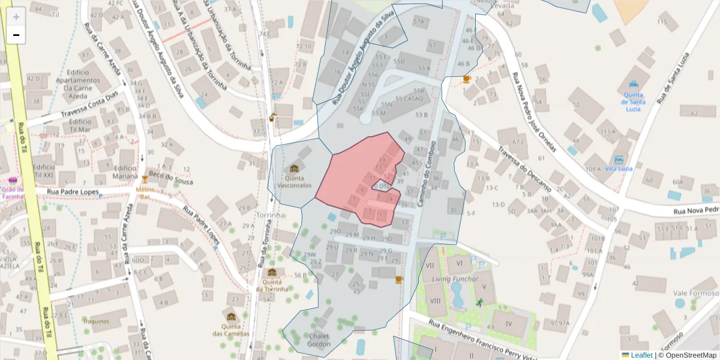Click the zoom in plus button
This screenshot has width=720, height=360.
[x=16, y=17]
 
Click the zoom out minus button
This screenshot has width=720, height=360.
[x=16, y=35]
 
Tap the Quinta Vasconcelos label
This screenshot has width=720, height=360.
[x=294, y=182]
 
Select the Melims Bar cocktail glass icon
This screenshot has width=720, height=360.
[x=145, y=179]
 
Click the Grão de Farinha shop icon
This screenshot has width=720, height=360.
[x=13, y=181]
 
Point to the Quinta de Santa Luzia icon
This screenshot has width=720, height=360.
[x=633, y=85]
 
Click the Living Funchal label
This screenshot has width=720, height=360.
[x=455, y=279]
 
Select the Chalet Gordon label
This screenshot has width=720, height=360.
[x=319, y=340]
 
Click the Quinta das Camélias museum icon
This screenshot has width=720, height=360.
[x=232, y=317]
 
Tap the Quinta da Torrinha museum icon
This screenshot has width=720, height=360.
[x=272, y=272]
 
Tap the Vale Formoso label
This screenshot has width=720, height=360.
[x=696, y=293]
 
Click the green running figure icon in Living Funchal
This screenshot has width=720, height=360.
[x=479, y=303]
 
